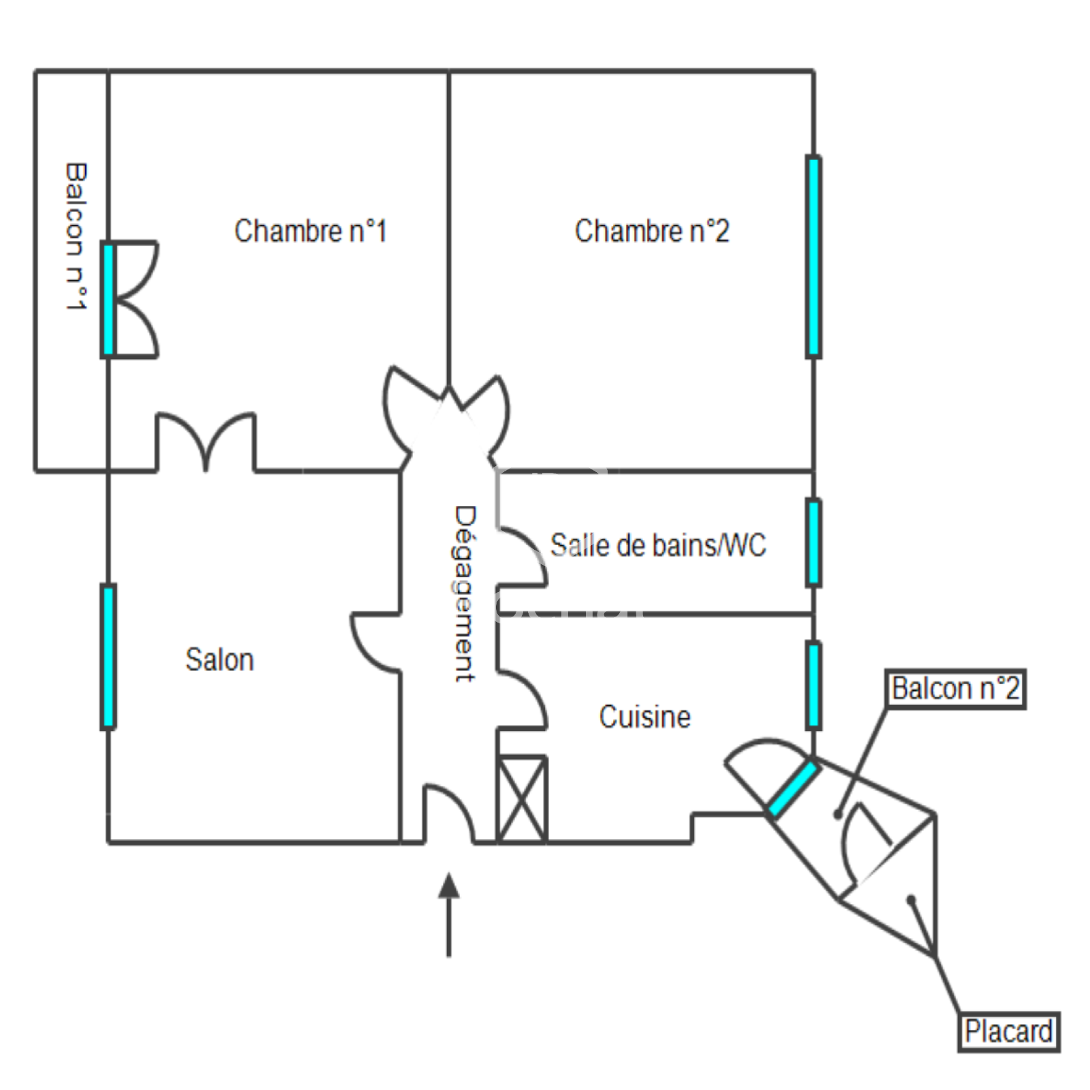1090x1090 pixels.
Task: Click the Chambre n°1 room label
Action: (x=311, y=232)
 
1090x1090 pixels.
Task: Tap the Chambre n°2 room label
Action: (x=652, y=232)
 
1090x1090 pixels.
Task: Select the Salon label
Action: (x=219, y=660)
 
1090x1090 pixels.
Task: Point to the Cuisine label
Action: (x=644, y=717)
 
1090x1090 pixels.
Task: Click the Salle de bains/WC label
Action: (x=658, y=546)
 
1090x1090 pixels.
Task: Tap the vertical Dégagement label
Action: (x=465, y=593)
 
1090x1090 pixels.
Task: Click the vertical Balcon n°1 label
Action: (x=76, y=236)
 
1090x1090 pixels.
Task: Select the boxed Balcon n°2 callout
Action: (x=955, y=689)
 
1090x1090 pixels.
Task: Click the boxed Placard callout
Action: (x=1008, y=1032)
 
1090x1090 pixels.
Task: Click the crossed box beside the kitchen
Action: (x=522, y=799)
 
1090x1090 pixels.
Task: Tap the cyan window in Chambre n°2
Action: (x=813, y=257)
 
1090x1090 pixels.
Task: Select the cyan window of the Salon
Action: (x=108, y=657)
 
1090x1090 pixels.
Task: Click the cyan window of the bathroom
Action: (x=813, y=543)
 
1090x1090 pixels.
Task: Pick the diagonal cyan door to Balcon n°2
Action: (x=792, y=789)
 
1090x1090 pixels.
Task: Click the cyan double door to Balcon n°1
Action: (x=108, y=299)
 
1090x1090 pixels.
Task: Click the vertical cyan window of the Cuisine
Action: (x=813, y=685)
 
